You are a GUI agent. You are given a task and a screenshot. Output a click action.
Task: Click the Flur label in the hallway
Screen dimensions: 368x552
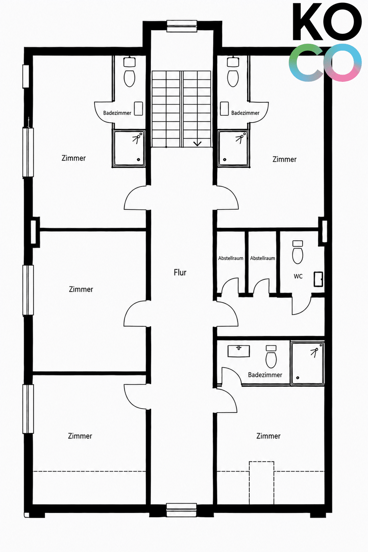pyautogui.click(x=180, y=272)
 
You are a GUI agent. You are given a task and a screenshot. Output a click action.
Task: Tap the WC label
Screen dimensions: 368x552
pyautogui.click(x=298, y=276)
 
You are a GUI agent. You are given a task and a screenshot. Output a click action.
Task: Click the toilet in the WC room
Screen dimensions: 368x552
pyautogui.click(x=297, y=252)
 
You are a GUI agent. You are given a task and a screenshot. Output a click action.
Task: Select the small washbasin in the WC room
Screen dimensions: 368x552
pyautogui.click(x=318, y=279)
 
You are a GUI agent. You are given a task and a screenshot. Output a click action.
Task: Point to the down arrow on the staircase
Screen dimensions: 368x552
pyautogui.click(x=197, y=143)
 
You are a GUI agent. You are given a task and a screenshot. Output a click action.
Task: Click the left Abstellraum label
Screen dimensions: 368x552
pyautogui.click(x=231, y=258)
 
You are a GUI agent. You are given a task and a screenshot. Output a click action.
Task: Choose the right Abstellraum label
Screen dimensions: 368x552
pyautogui.click(x=262, y=258)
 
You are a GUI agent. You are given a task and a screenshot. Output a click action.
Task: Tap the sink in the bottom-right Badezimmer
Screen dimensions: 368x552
pyautogui.click(x=238, y=351)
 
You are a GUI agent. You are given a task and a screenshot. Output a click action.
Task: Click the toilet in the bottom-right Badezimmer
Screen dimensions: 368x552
pyautogui.click(x=271, y=357)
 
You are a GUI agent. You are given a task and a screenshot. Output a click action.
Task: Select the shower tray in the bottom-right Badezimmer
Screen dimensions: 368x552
pyautogui.click(x=307, y=363)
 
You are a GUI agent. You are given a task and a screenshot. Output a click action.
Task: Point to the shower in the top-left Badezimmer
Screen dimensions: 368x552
pyautogui.click(x=128, y=149)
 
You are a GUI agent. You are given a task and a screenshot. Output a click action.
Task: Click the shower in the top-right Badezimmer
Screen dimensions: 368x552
pyautogui.click(x=233, y=149)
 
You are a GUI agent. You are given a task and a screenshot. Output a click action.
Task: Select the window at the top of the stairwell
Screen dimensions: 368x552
pyautogui.click(x=182, y=26)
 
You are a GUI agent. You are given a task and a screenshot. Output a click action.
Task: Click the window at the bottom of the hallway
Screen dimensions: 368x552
pyautogui.click(x=181, y=510)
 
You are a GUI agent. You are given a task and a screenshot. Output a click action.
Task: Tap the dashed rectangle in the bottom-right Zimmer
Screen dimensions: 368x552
pyautogui.click(x=262, y=483)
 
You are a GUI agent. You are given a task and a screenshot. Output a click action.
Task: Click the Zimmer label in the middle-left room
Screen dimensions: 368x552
pyautogui.click(x=81, y=289)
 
